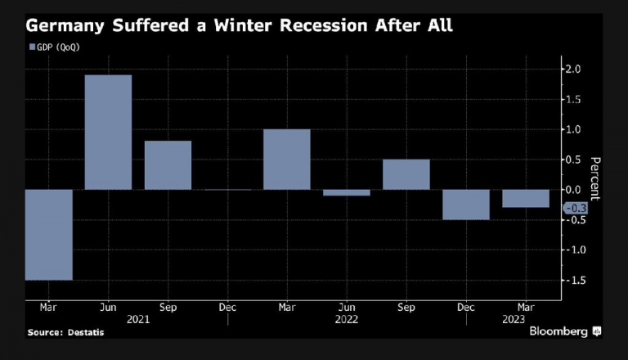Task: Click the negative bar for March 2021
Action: [x=48, y=235]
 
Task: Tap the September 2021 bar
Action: [x=168, y=165]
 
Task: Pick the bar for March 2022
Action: [x=286, y=160]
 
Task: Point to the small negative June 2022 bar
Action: [x=346, y=193]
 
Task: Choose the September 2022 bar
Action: [x=406, y=174]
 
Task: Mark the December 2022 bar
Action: [x=465, y=205]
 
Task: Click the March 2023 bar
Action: [x=525, y=199]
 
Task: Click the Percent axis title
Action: [x=595, y=178]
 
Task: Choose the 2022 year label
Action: [x=346, y=321]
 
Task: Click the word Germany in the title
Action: [x=61, y=27]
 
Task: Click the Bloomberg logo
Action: [x=558, y=331]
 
